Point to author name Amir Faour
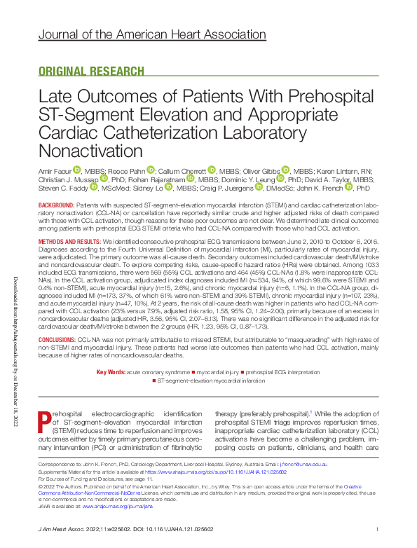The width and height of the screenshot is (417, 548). tap(53, 170)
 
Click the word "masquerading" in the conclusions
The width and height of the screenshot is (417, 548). tap(276, 338)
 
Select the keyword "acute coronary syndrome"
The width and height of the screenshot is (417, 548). tap(159, 371)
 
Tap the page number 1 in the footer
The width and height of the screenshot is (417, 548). tap(377, 529)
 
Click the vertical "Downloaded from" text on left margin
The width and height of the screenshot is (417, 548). tap(13, 350)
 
